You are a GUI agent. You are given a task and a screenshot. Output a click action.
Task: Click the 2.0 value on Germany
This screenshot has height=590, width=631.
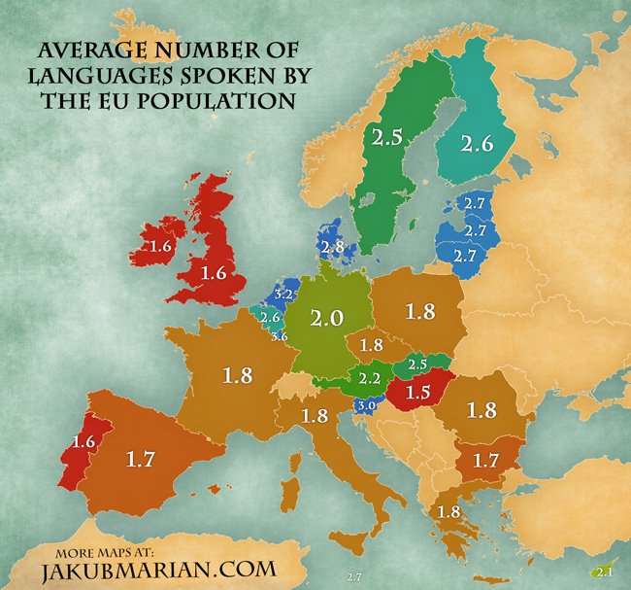(x=328, y=318)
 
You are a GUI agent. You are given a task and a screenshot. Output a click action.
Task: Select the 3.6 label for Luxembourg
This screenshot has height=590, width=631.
(x=280, y=336)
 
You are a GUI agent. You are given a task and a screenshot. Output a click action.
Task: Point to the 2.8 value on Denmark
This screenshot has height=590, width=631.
(x=333, y=247)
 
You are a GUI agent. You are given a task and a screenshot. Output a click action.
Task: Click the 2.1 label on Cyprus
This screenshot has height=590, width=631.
(x=604, y=571)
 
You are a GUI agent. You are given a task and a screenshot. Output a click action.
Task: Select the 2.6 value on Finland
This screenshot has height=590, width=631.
(x=478, y=145)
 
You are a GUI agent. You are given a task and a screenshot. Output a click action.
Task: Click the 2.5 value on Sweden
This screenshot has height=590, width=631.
(x=385, y=139)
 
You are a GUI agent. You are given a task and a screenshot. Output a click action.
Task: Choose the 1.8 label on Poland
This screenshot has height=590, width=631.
(x=419, y=311)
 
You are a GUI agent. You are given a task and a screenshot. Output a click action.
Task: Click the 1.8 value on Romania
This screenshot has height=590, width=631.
(x=482, y=409)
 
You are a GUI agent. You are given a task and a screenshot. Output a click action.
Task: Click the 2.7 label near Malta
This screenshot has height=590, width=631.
(x=353, y=576)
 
